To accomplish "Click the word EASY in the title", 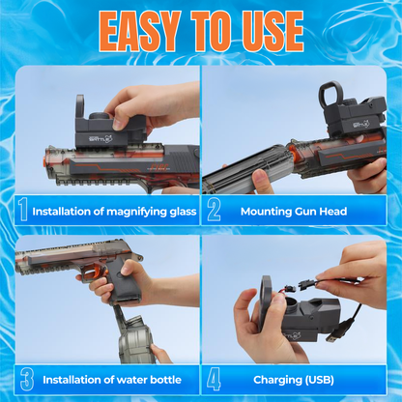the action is tap(139, 31).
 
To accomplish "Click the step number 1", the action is tap(23, 210).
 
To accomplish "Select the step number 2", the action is tap(214, 210).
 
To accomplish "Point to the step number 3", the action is tap(27, 379).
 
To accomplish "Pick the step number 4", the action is tap(214, 379).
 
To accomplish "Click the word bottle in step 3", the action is tap(165, 380).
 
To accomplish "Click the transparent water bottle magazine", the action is tap(134, 338).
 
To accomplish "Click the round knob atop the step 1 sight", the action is tap(98, 116).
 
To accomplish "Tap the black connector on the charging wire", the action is tap(306, 283).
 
